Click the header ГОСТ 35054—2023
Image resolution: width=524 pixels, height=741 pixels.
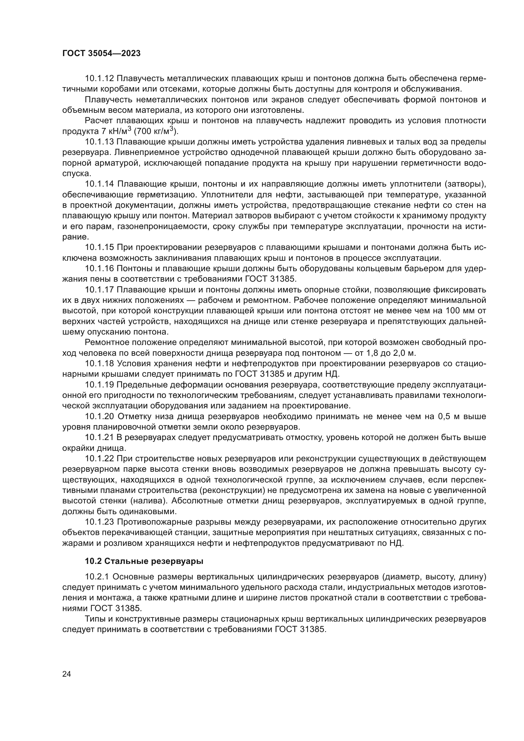click(101, 54)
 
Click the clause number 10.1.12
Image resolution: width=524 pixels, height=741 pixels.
click(99, 79)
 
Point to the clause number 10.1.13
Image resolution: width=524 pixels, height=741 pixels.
click(99, 142)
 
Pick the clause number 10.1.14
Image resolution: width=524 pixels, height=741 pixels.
click(99, 184)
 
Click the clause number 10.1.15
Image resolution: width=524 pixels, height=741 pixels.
click(99, 247)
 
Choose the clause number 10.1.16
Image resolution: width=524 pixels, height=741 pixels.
click(99, 269)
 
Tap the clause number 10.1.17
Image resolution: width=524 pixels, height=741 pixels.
click(99, 290)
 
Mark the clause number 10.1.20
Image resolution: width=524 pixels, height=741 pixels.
click(99, 417)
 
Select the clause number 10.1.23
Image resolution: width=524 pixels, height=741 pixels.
click(99, 522)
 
